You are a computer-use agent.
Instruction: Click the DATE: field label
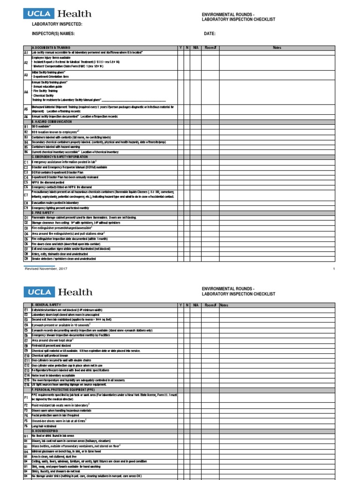point(209,34)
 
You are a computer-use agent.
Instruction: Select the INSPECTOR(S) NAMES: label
point(53,34)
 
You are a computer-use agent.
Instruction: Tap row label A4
point(26,92)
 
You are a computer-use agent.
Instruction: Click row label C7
point(26,195)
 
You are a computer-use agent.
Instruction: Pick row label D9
point(26,258)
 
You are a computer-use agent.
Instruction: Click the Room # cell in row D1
point(210,217)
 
